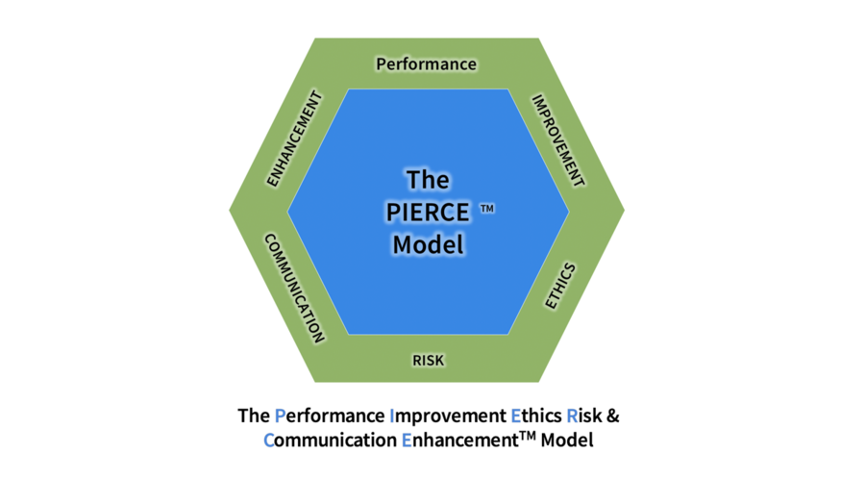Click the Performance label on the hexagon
(426, 64)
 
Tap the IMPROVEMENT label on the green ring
(557, 139)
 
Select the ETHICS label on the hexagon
(559, 286)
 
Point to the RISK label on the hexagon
(428, 361)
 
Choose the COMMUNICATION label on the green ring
(294, 287)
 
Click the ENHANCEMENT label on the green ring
(294, 139)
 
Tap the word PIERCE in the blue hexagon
(427, 212)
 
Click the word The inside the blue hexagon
(428, 180)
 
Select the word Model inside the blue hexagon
(428, 244)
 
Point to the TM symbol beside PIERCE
(487, 207)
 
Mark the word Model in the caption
(567, 441)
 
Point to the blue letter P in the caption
(280, 416)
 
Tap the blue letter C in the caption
(268, 441)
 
